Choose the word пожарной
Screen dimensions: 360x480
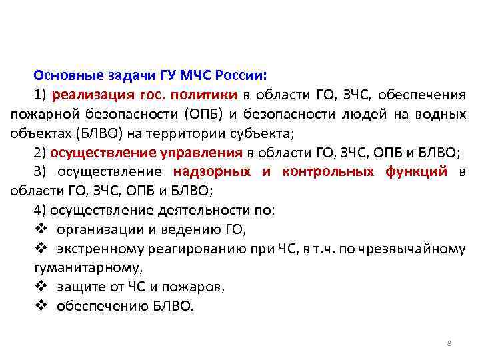click(41, 114)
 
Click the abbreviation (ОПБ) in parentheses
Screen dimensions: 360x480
click(204, 114)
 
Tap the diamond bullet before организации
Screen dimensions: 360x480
click(39, 230)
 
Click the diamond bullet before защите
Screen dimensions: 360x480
click(39, 288)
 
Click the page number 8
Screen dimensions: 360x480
click(449, 343)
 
